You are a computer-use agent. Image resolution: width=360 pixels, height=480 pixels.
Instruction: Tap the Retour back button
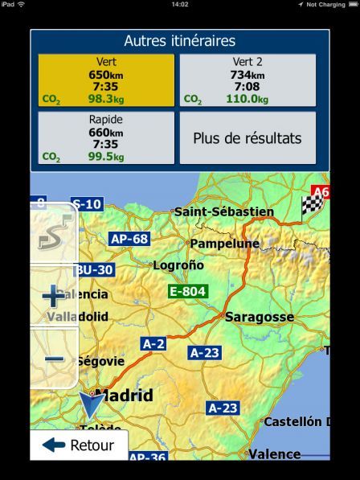(x=78, y=445)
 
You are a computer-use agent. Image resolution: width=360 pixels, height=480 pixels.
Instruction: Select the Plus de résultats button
(x=247, y=137)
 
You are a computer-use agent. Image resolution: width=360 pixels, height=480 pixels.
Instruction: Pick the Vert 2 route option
(x=247, y=80)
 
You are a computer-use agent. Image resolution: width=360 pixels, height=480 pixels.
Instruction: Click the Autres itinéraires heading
(x=179, y=41)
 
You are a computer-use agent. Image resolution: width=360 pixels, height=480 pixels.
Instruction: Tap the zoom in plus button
(x=54, y=296)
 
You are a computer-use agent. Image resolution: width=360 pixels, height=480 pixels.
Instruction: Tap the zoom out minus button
(x=54, y=359)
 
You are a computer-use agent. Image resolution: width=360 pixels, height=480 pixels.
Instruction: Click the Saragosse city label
(x=259, y=317)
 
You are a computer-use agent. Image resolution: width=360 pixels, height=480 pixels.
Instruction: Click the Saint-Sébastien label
(x=223, y=211)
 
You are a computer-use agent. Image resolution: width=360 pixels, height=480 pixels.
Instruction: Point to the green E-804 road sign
(x=187, y=291)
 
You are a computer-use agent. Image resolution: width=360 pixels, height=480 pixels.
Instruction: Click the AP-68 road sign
(x=129, y=239)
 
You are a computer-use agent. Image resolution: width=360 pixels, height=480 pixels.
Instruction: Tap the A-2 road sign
(x=153, y=343)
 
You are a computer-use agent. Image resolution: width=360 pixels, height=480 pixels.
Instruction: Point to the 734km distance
(x=247, y=75)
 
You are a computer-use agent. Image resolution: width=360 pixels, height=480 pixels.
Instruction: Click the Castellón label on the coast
(x=303, y=421)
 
